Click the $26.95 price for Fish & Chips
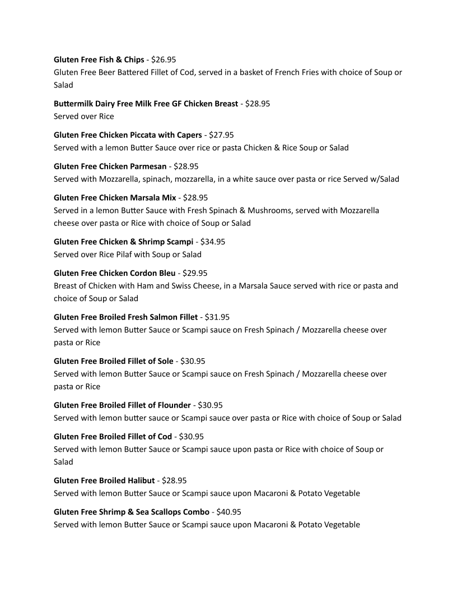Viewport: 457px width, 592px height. (x=164, y=59)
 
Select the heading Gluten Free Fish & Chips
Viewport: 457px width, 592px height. (x=99, y=59)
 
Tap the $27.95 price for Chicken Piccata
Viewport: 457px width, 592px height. (x=221, y=135)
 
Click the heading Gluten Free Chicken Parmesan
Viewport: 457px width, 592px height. (x=110, y=166)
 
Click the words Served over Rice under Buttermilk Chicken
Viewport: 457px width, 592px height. (x=83, y=116)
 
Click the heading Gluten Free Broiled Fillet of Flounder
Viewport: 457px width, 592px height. (x=123, y=405)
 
